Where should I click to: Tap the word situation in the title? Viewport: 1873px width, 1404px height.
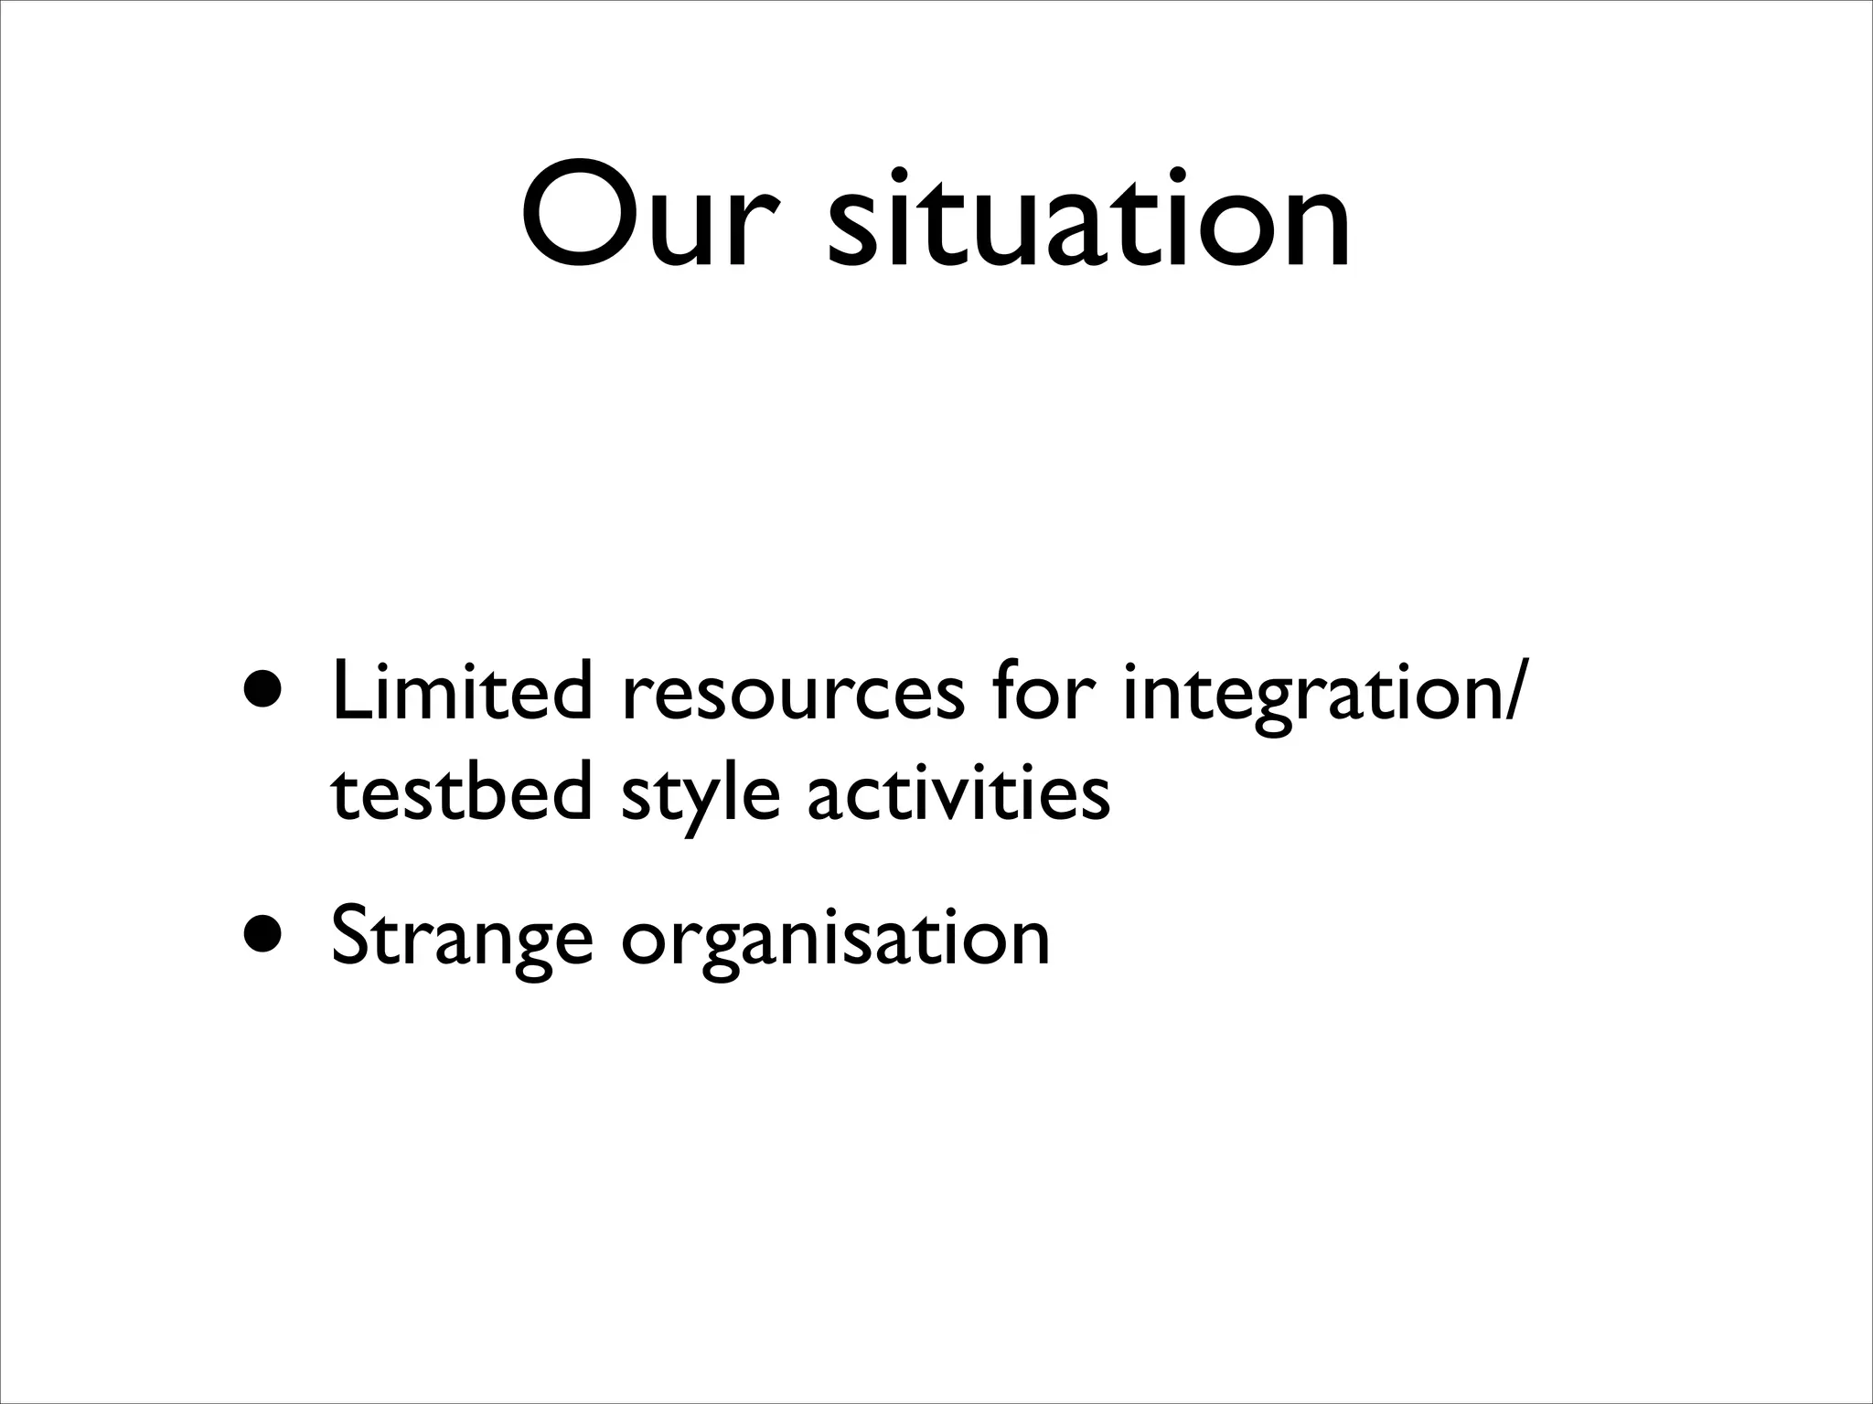pos(1088,218)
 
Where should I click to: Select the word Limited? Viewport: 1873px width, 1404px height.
pos(462,692)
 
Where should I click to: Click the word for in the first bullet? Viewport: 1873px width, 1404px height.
pos(1042,692)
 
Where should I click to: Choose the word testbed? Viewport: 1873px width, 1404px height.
pos(462,792)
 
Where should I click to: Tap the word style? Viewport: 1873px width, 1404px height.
pos(701,797)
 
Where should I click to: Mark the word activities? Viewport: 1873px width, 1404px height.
pos(958,792)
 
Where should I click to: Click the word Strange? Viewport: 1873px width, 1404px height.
pos(462,939)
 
